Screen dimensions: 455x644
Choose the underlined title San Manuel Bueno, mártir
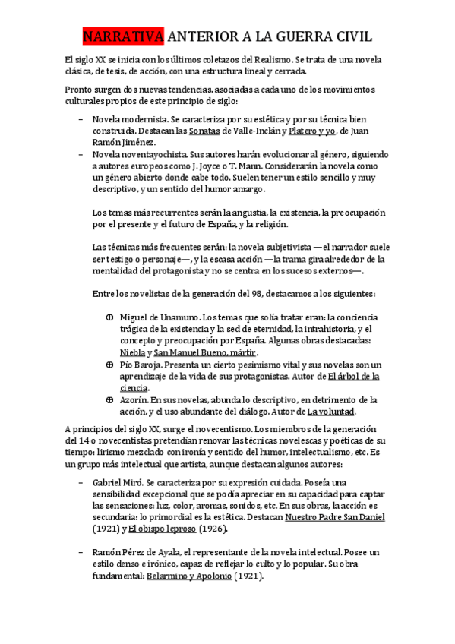206,352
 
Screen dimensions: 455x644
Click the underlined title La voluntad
330,412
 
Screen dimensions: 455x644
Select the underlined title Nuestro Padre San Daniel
335,517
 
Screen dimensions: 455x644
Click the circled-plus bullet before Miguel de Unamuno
109,317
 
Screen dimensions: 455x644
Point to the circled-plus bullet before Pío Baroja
109,365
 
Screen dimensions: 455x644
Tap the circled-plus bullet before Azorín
109,399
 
